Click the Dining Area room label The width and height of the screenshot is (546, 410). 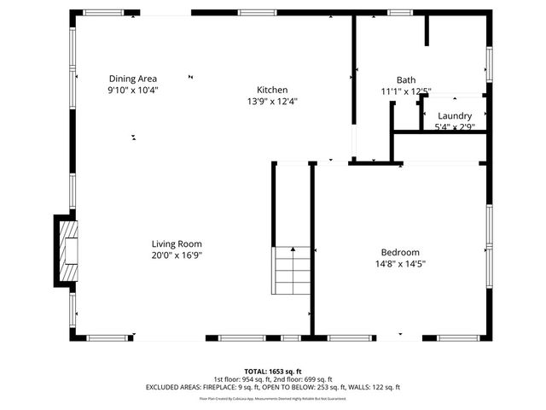pyautogui.click(x=132, y=79)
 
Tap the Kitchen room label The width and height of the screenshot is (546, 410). pyautogui.click(x=272, y=90)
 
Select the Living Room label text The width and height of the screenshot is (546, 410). pyautogui.click(x=177, y=243)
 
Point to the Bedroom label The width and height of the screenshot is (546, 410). pyautogui.click(x=399, y=252)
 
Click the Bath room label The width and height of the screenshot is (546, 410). pyautogui.click(x=406, y=80)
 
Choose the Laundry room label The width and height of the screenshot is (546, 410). pyautogui.click(x=455, y=116)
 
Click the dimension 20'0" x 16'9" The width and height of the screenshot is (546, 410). pyautogui.click(x=177, y=255)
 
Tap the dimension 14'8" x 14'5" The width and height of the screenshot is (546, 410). pyautogui.click(x=399, y=264)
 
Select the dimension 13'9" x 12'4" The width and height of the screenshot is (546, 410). pyautogui.click(x=272, y=101)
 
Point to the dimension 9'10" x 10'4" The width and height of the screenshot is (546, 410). pyautogui.click(x=132, y=90)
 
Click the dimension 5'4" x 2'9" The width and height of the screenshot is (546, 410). pyautogui.click(x=455, y=127)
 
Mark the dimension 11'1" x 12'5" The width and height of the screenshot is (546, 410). pyautogui.click(x=406, y=91)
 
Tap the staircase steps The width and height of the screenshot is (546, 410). pyautogui.click(x=292, y=271)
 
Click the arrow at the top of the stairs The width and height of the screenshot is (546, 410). pyautogui.click(x=293, y=249)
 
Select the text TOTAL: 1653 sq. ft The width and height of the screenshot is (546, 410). pyautogui.click(x=272, y=372)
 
